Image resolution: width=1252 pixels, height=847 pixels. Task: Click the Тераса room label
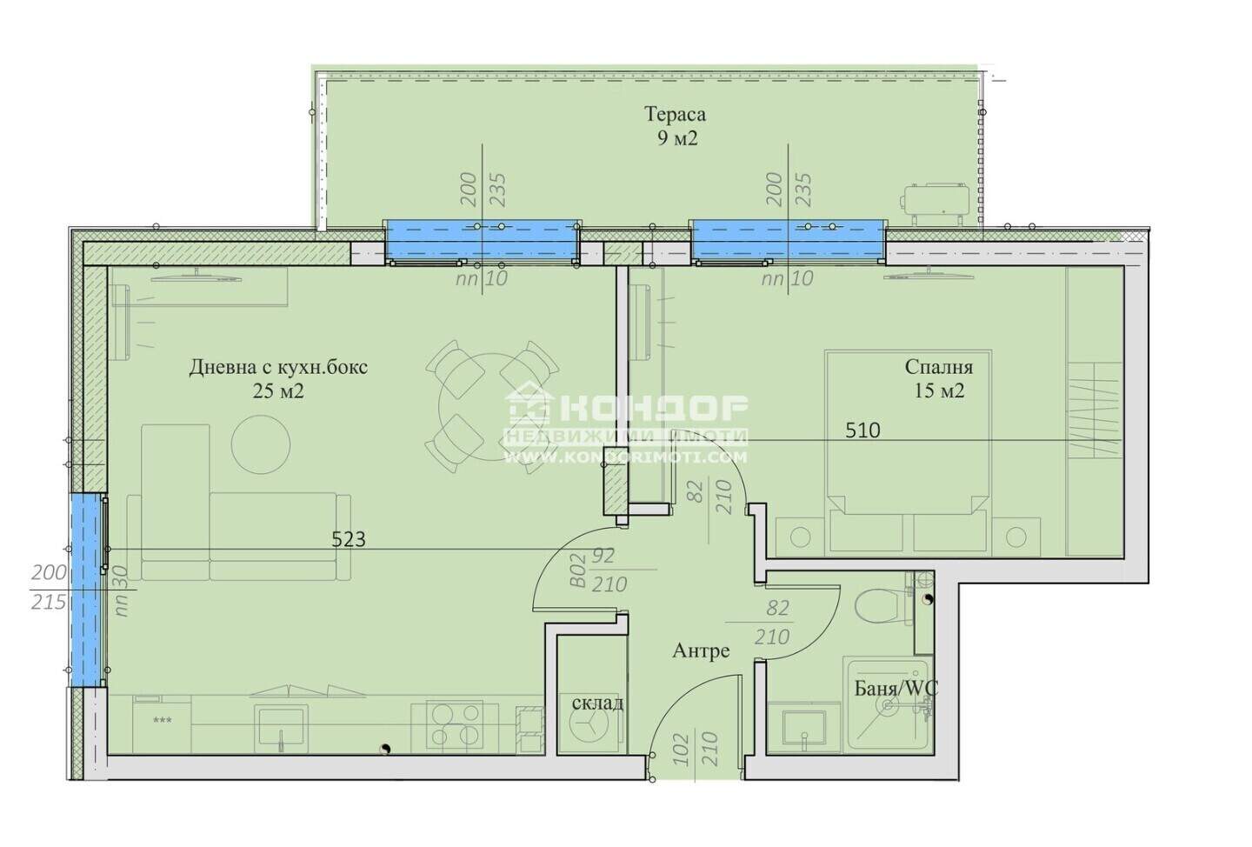676,114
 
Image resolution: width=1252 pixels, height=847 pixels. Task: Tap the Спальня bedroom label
938,367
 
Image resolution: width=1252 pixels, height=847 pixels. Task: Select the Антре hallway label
701,650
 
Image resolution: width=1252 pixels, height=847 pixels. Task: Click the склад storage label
597,703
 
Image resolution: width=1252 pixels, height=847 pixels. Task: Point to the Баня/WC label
896,688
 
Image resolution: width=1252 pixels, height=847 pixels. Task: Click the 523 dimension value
348,539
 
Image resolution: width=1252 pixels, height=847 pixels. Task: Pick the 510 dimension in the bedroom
862,430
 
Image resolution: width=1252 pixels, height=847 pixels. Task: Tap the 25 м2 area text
278,390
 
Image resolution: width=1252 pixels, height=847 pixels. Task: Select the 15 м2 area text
939,390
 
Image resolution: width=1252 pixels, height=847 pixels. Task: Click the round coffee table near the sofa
261,444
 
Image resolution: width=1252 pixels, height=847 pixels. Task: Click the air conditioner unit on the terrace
934,203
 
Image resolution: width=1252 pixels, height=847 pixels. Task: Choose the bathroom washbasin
803,729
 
